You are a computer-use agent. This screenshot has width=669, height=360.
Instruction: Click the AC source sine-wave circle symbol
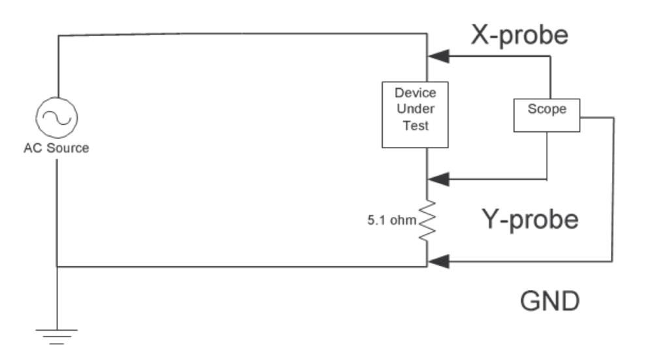57,118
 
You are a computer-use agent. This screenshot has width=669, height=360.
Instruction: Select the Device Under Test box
416,114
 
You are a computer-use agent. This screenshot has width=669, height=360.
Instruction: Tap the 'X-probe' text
520,36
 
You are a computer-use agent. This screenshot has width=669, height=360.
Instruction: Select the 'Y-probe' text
530,219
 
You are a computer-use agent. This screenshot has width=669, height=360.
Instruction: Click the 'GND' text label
550,301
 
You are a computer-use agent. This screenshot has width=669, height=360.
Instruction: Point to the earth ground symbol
57,335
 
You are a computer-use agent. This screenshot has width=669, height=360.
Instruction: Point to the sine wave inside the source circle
57,118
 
